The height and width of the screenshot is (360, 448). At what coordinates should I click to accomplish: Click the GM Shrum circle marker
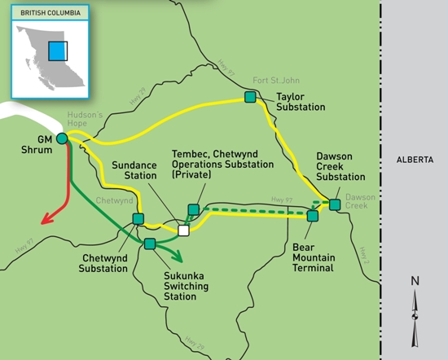[62, 138]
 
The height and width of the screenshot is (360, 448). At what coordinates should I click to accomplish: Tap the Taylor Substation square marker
[250, 97]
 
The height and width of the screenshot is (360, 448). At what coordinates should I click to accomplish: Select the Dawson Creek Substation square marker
[335, 204]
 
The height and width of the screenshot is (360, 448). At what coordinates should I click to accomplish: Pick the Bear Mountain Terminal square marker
[313, 216]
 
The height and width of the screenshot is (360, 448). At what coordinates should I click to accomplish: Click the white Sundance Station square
[183, 230]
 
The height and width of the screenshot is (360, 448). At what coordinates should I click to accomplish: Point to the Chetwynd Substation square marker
[138, 219]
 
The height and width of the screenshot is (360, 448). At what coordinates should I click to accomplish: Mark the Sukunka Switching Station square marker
[150, 244]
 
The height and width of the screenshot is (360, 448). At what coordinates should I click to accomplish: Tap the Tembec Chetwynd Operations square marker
[193, 209]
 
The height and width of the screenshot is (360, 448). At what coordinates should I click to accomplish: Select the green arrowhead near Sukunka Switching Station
[178, 257]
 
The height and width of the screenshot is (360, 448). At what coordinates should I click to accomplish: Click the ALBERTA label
[415, 160]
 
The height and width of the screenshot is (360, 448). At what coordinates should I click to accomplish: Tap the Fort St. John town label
[276, 81]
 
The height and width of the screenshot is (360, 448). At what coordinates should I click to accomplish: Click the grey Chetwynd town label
[114, 200]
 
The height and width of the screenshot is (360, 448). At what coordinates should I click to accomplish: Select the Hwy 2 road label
[363, 255]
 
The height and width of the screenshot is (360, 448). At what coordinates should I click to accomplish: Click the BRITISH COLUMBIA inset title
[51, 13]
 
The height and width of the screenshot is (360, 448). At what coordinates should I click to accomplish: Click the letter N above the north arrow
[415, 281]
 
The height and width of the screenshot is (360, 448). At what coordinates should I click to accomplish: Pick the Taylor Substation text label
[301, 102]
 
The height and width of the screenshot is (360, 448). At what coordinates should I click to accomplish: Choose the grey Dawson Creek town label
[360, 201]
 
